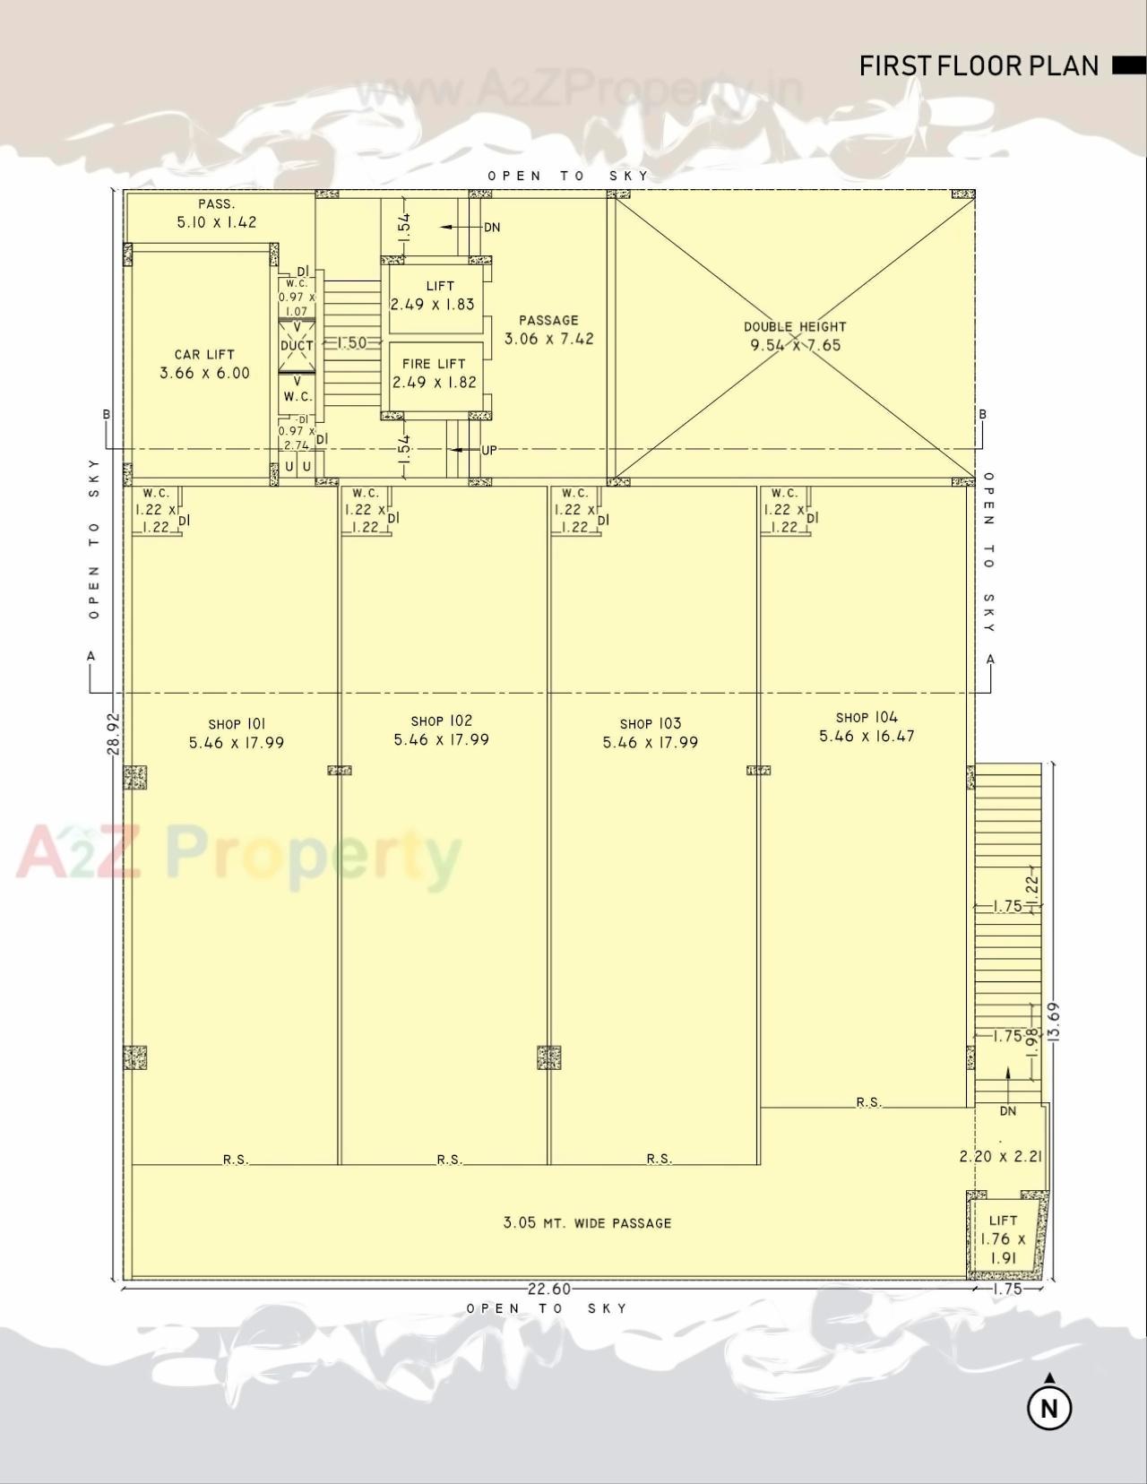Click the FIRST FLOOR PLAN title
(x=979, y=65)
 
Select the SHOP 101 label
(x=237, y=724)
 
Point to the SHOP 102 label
(x=441, y=721)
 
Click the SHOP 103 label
(x=650, y=724)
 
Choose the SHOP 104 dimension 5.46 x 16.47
(x=867, y=737)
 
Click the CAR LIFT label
(x=204, y=355)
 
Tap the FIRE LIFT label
(x=434, y=364)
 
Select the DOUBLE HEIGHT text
(x=795, y=327)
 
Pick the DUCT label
(x=297, y=346)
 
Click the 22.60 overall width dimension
(x=548, y=1289)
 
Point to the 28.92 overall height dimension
(x=114, y=733)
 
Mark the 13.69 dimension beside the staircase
(x=1054, y=1021)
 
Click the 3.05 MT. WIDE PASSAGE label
(x=587, y=1223)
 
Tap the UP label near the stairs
(x=488, y=451)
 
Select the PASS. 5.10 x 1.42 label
(x=216, y=214)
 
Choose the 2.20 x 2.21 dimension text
(x=1000, y=1157)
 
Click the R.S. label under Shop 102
(x=449, y=1160)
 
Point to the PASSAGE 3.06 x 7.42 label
(x=548, y=330)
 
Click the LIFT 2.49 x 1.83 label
(x=433, y=296)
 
